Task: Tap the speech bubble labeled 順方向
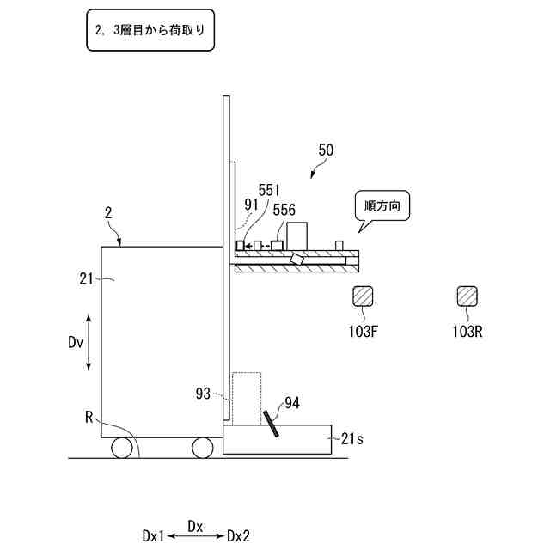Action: coord(382,208)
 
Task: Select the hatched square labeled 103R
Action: coord(468,296)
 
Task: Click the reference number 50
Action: coord(326,150)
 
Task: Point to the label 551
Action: coord(270,190)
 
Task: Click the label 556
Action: coord(284,209)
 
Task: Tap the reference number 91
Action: coord(252,205)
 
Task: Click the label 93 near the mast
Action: coord(203,394)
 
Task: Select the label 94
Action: coord(292,402)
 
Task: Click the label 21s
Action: coord(352,439)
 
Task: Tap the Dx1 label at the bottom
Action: coord(153,535)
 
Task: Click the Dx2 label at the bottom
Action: coord(239,535)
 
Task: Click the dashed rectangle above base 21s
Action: coord(247,398)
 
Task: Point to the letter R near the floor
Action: coord(89,419)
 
